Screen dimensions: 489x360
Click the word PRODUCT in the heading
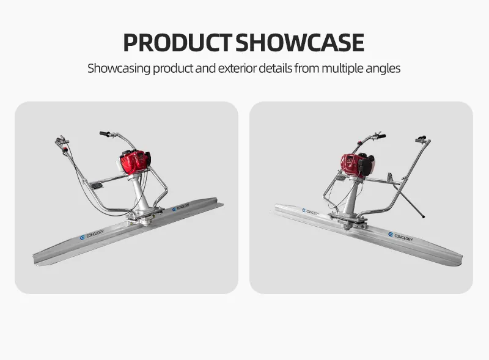pos(177,42)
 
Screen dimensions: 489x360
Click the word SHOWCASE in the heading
pos(300,42)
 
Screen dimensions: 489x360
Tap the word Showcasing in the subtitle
pos(119,68)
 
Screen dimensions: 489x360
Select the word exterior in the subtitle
pos(237,68)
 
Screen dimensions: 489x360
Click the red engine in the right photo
pos(356,164)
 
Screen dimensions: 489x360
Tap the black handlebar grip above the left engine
pos(105,134)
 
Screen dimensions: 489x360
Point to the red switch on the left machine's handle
pos(65,150)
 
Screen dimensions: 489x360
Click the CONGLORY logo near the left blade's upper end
pos(181,207)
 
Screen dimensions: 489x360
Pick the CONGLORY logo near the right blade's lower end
pos(400,237)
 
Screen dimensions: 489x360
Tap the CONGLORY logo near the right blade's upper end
pos(311,212)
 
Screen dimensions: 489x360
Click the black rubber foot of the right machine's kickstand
pos(423,216)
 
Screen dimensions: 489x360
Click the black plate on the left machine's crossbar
pos(97,186)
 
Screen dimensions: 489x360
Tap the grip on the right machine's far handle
pos(421,138)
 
